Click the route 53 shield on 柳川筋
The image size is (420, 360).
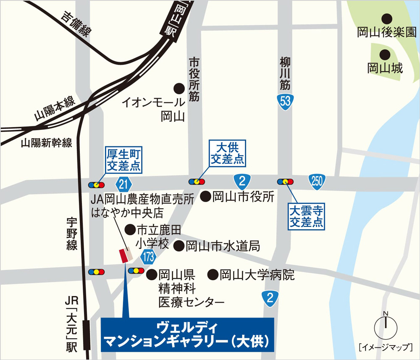(286, 102)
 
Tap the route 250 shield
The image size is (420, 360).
(317, 181)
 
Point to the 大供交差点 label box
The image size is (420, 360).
(227, 153)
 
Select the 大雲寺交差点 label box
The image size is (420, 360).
(307, 216)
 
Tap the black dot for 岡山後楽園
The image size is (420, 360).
(386, 19)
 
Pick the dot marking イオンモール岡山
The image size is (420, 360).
(179, 88)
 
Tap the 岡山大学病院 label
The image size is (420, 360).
(257, 275)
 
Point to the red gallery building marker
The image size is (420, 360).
(124, 255)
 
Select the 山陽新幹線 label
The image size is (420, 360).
(47, 143)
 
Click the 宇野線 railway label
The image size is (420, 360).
(72, 233)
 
